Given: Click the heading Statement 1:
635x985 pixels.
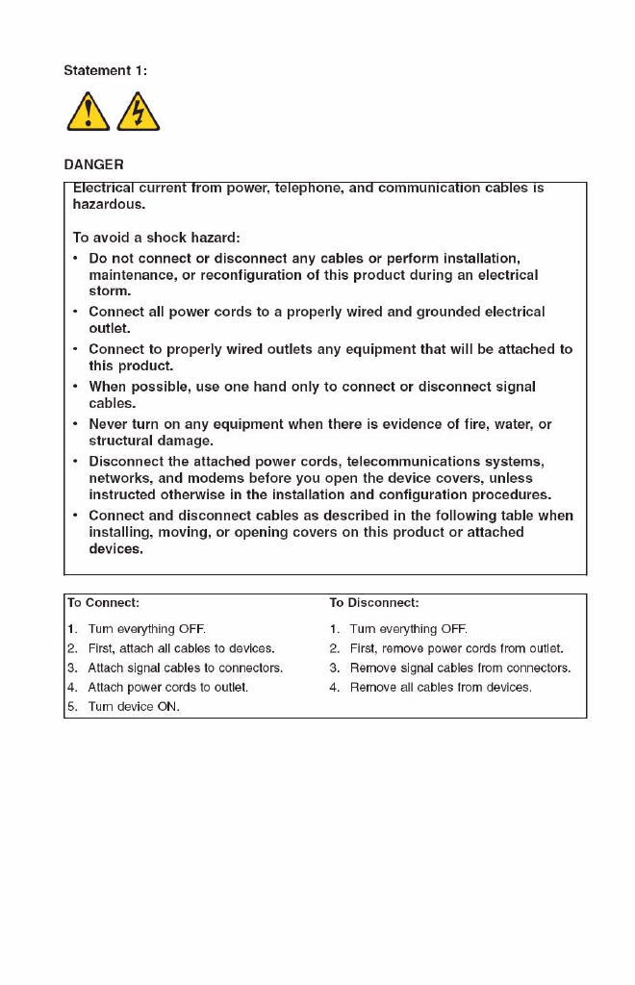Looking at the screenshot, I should coord(106,70).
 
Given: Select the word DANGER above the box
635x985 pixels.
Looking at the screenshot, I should coord(93,164).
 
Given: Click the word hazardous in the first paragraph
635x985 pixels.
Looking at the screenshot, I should coord(109,204).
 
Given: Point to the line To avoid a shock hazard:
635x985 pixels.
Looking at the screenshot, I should coord(156,237).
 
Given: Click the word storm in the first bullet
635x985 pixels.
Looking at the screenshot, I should coord(109,290).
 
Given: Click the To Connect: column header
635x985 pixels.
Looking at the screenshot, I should coord(103,603).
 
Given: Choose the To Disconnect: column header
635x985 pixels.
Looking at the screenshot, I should coord(373,603).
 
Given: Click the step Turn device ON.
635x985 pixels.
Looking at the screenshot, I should coord(134,706).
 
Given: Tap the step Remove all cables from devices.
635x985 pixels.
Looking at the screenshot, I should coord(440,687).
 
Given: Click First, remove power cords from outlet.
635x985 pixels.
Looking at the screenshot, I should coord(456,648).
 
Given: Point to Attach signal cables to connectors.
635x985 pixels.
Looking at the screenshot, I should coord(185,668).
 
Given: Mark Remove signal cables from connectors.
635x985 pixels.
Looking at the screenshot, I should coord(460,668).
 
